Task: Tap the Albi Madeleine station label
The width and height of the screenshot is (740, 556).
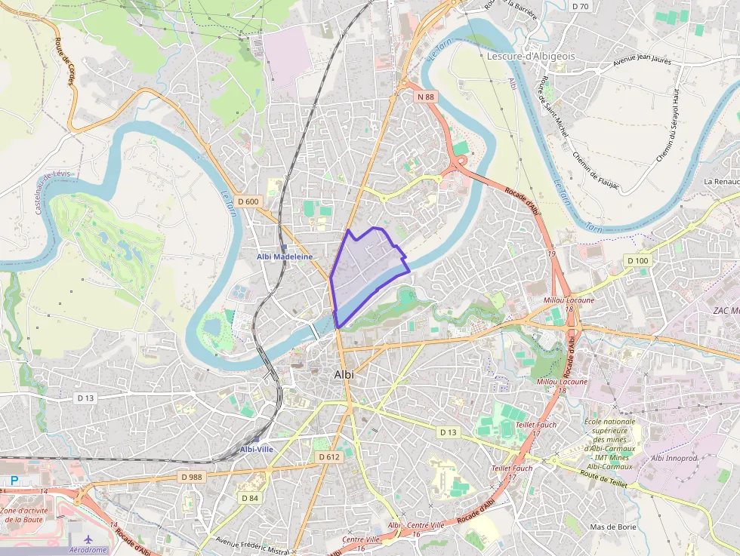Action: tap(284, 256)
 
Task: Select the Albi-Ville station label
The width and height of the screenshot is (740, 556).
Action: tap(257, 449)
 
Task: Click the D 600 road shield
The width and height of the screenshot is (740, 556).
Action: tap(248, 201)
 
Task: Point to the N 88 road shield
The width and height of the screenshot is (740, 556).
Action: tap(425, 97)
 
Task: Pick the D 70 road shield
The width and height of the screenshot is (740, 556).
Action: tap(580, 6)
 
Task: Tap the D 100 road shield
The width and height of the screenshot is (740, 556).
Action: tap(637, 260)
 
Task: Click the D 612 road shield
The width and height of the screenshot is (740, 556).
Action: tap(328, 457)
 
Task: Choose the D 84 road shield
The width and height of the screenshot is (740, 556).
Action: tap(250, 498)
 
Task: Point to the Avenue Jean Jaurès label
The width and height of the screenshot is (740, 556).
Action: tap(642, 58)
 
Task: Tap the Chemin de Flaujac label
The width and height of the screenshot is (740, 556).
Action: tap(596, 169)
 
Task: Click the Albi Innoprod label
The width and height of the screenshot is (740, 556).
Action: tap(674, 458)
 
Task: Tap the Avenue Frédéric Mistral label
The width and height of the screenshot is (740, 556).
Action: tap(252, 545)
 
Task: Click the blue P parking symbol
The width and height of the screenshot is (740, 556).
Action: tap(14, 480)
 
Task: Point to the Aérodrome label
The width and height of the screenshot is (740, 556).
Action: tap(89, 550)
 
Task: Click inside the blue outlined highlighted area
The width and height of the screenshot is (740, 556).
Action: tap(362, 272)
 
